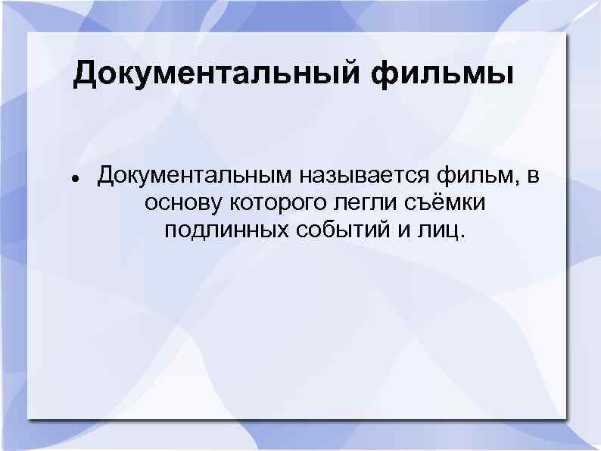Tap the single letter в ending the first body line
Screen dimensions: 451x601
[534, 178]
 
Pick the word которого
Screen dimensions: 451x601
[266, 204]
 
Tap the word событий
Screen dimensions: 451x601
[335, 230]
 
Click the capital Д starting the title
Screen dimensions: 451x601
[84, 76]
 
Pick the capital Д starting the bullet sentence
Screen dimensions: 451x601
[106, 177]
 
